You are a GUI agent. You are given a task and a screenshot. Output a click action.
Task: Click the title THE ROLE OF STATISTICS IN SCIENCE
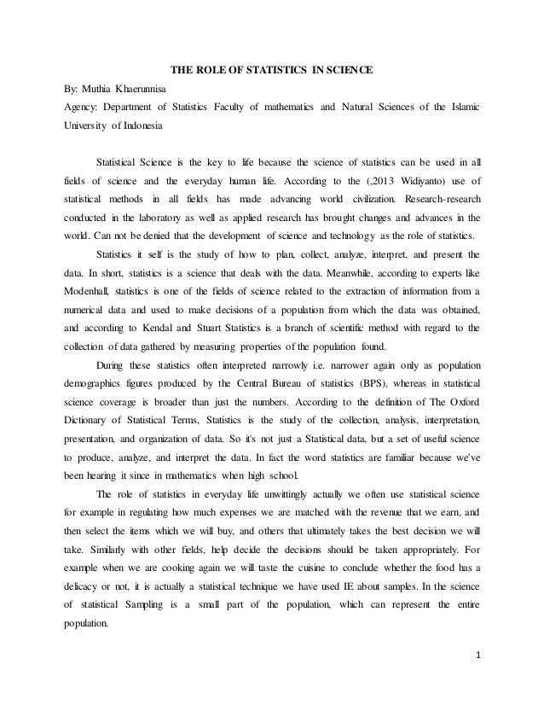click(x=271, y=68)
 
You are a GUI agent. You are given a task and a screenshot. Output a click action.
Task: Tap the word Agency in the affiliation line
click(x=82, y=108)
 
